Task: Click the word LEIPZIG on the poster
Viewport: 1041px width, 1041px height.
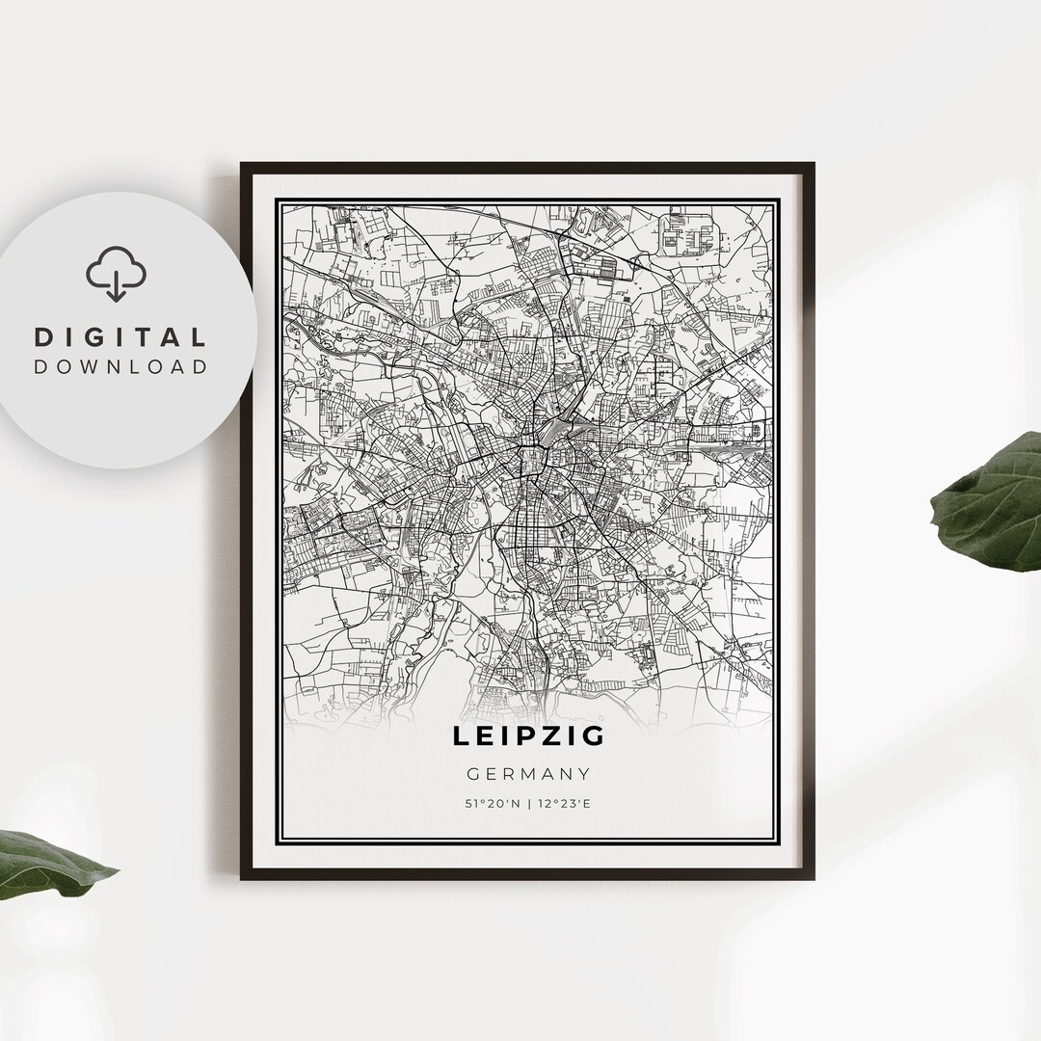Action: point(529,736)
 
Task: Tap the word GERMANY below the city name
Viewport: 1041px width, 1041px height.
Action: point(528,773)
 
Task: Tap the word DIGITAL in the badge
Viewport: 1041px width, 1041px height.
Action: point(120,337)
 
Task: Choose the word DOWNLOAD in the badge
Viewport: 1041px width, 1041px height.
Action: point(120,366)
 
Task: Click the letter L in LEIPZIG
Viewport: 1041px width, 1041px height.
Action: point(462,736)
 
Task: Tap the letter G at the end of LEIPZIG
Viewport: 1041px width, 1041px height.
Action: point(594,736)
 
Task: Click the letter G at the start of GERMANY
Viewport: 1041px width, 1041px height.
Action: point(472,773)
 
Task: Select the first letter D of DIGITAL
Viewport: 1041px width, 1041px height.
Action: point(43,337)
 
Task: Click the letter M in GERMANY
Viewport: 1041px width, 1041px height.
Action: point(528,773)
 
